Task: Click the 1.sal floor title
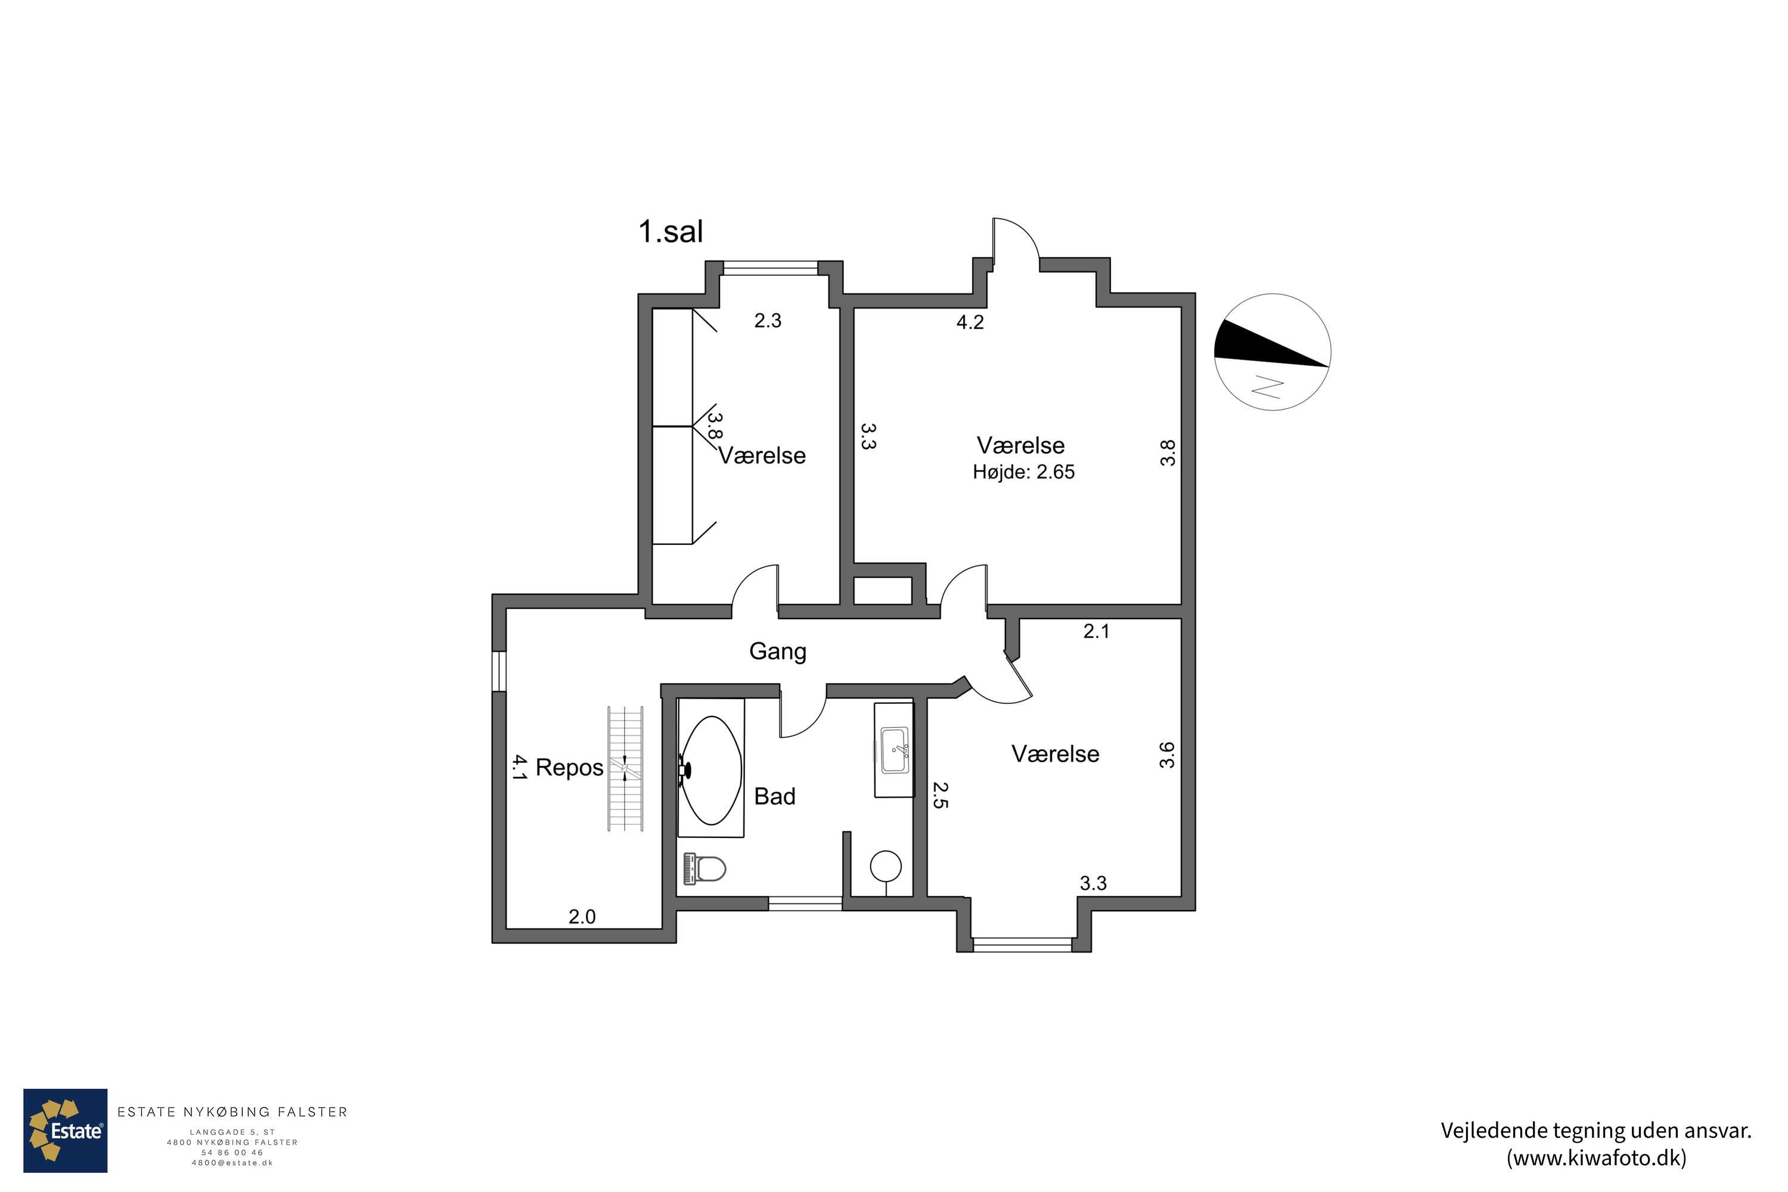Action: click(670, 232)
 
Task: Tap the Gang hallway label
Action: click(778, 651)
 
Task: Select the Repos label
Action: click(569, 768)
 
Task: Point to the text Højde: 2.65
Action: click(1024, 472)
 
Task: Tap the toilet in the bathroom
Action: click(706, 868)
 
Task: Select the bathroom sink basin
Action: click(895, 750)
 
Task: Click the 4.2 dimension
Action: click(970, 322)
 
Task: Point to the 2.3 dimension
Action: click(768, 321)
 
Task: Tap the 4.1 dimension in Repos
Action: click(519, 768)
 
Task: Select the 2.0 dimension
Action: click(582, 917)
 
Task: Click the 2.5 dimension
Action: click(940, 795)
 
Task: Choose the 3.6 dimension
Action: click(1167, 755)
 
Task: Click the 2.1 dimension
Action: click(1096, 631)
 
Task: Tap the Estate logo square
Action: click(66, 1131)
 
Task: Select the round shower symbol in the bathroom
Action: click(886, 866)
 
